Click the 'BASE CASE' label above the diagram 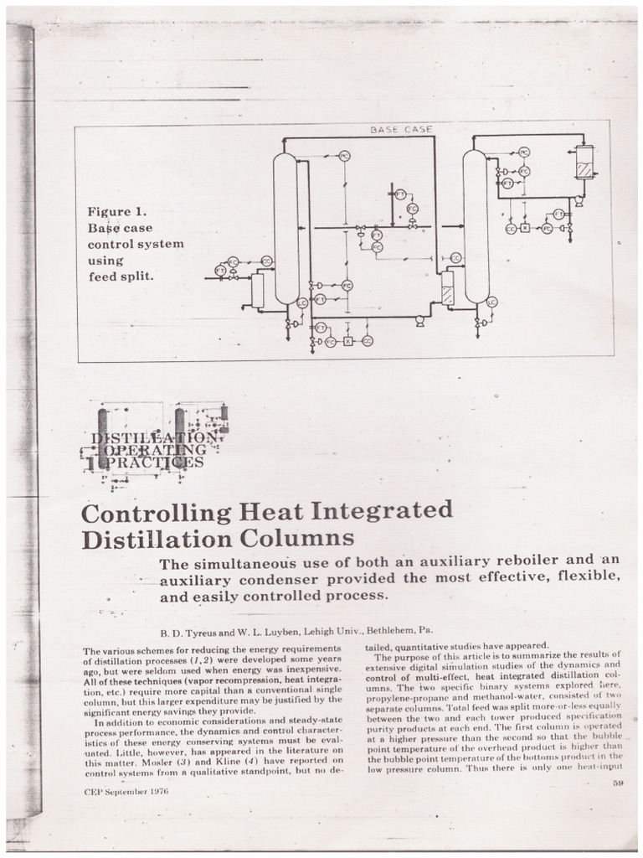[x=401, y=129]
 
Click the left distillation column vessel [x=285, y=226]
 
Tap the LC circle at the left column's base [x=302, y=302]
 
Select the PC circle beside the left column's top [x=344, y=156]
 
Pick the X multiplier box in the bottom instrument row [x=347, y=342]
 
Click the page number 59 [x=618, y=783]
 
